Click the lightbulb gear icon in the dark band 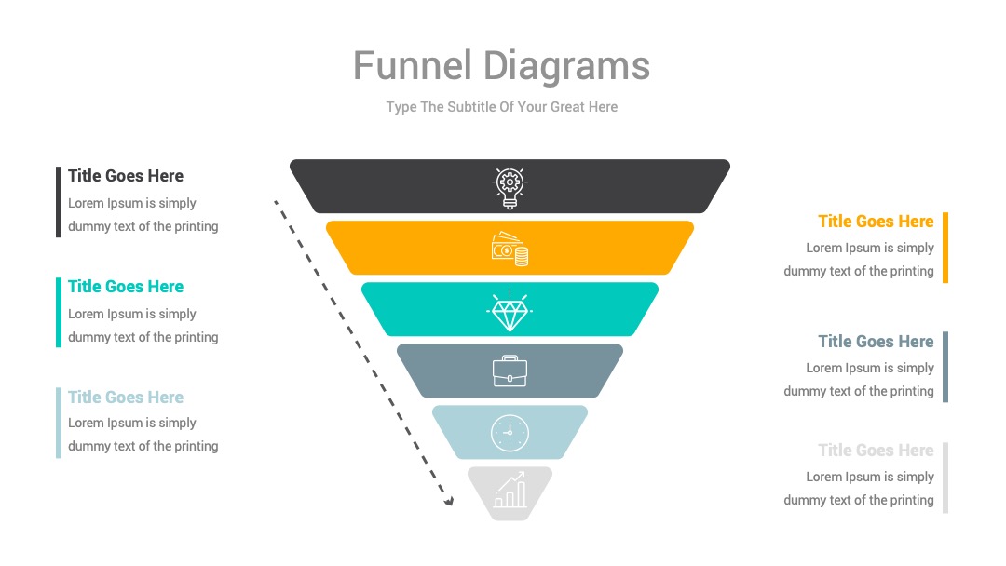510,186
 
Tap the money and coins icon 510,249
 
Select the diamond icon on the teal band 510,310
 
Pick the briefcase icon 510,371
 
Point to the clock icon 510,433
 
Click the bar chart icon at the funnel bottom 510,491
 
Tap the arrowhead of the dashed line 449,501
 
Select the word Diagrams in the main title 566,67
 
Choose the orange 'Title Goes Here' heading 876,222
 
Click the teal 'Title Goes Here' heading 126,287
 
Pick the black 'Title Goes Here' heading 126,176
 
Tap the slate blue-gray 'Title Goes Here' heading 876,342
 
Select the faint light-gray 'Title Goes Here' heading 876,451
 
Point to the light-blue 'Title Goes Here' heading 126,398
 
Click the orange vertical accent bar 945,248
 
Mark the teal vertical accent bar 59,313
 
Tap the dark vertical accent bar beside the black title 59,202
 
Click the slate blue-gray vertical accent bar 945,368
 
